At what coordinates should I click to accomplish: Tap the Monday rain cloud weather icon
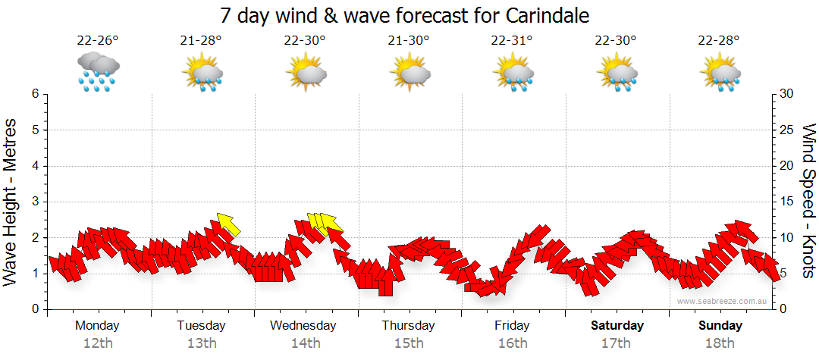point(98,72)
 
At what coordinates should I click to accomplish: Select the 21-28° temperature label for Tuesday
point(201,41)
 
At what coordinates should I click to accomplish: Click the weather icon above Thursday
point(410,72)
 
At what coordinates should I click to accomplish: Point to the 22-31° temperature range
point(512,41)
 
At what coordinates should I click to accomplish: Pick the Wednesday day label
point(303,326)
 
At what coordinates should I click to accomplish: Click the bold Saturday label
point(617,326)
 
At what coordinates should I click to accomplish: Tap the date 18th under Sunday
point(720,343)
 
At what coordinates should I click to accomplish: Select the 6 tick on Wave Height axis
point(34,94)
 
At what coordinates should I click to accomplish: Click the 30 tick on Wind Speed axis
point(788,94)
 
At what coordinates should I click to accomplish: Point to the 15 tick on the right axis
point(788,202)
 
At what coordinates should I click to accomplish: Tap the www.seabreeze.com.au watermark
point(723,301)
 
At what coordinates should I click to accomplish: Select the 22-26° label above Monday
point(97,41)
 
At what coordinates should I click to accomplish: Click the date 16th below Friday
point(513,343)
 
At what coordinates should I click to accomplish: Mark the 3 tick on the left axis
point(34,202)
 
